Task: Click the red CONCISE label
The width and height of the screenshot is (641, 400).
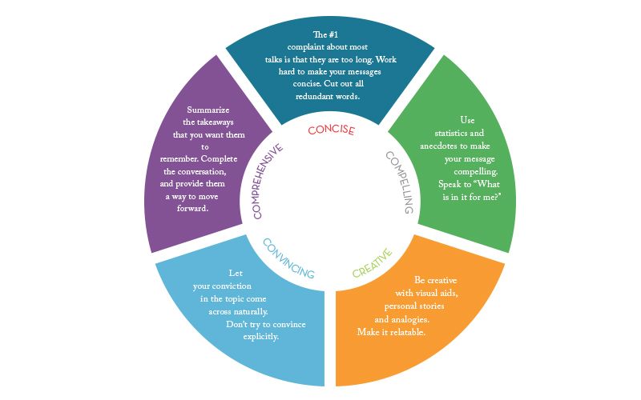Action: [x=331, y=130]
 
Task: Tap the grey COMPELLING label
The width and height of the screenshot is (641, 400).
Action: [x=399, y=182]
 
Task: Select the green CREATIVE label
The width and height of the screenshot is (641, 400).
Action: [x=373, y=262]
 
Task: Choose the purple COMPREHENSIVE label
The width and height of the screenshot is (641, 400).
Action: [x=267, y=182]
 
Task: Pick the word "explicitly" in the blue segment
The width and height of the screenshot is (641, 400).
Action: [x=261, y=337]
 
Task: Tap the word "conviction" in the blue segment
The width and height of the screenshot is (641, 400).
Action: [x=235, y=286]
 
